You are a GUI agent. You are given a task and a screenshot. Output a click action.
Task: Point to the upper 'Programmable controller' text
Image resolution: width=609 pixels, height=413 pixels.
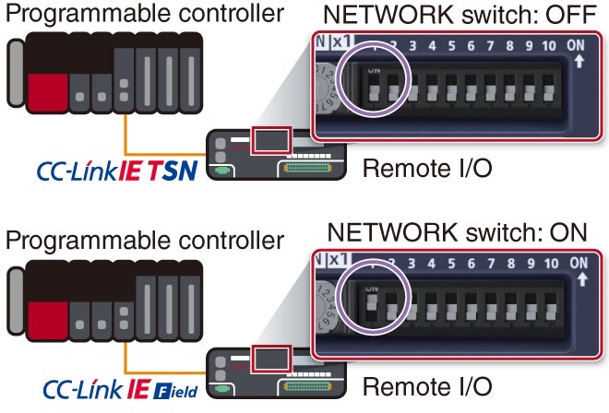click(143, 16)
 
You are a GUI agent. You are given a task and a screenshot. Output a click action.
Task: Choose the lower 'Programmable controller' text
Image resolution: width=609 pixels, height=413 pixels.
click(143, 241)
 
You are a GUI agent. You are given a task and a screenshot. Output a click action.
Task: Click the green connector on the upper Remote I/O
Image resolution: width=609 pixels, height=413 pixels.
click(222, 169)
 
